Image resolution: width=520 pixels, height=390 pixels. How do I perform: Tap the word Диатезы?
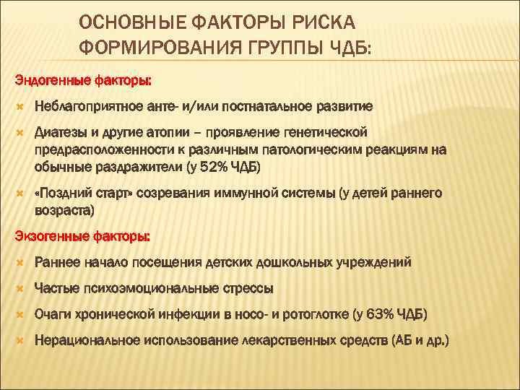(60, 132)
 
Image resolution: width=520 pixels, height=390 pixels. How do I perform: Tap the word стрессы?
(247, 288)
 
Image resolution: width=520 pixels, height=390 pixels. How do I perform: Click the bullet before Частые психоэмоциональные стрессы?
(19, 288)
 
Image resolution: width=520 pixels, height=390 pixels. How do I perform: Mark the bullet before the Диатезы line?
(19, 132)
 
